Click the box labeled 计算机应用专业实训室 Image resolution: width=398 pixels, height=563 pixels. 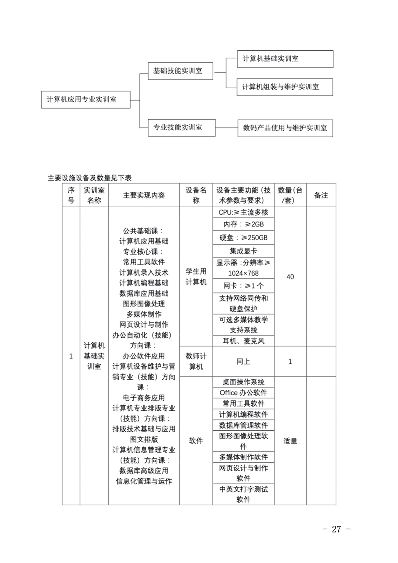tap(86, 100)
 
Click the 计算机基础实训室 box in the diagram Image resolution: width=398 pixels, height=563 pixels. tap(285, 59)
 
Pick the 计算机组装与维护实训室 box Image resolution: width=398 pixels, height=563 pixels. tap(284, 87)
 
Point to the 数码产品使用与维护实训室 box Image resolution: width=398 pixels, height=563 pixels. tap(285, 128)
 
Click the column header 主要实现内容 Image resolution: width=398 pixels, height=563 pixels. tap(144, 195)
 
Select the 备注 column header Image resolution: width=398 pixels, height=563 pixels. tap(321, 195)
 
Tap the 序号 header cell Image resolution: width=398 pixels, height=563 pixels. tap(71, 195)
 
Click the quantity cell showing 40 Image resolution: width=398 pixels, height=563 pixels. tap(290, 277)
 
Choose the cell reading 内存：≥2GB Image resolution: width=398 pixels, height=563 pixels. tap(243, 224)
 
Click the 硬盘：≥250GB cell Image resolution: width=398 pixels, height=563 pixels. tap(243, 238)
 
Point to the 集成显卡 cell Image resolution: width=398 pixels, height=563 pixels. tap(243, 251)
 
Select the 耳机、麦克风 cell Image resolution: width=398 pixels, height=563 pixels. tap(243, 341)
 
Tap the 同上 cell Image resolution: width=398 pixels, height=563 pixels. tap(243, 361)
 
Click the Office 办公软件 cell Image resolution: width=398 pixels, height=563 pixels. tap(243, 393)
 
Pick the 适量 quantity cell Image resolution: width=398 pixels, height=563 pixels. tap(290, 441)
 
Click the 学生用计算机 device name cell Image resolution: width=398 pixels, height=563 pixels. tap(196, 277)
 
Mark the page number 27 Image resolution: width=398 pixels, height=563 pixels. tap(336, 529)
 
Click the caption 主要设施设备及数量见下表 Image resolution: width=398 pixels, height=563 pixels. tap(90, 178)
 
